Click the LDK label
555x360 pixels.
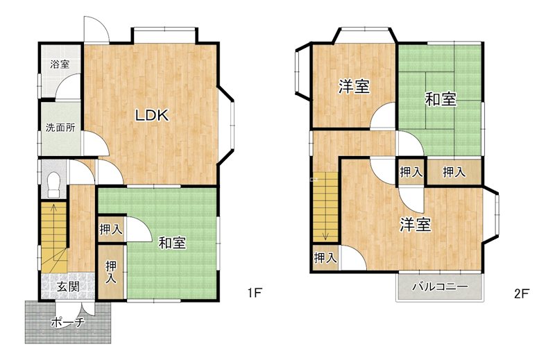(152, 116)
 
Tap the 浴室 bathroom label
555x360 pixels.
(60, 65)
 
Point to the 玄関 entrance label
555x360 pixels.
(67, 286)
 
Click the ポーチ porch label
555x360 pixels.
(68, 323)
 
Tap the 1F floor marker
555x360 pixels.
(255, 293)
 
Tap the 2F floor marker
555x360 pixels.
(522, 293)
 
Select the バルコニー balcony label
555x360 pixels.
(440, 286)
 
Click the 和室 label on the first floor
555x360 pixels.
(171, 243)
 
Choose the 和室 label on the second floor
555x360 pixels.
(441, 99)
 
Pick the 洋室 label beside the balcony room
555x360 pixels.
(416, 225)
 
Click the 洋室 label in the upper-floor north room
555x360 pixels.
(354, 87)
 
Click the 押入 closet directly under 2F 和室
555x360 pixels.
(454, 171)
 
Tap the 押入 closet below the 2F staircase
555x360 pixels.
(325, 258)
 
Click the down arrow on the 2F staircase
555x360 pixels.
(325, 233)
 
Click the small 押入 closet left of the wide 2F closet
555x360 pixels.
(411, 171)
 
